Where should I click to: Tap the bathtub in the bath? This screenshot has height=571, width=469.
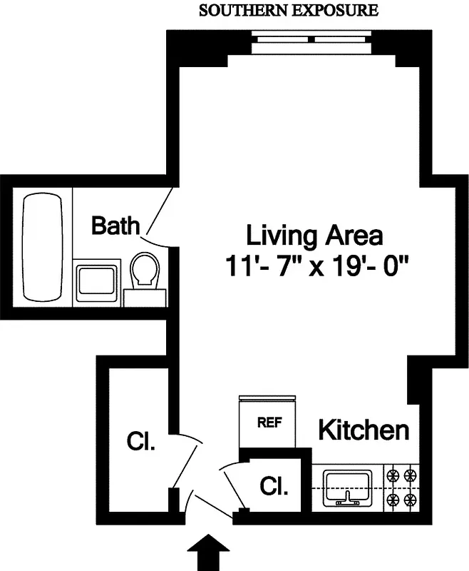[44, 248]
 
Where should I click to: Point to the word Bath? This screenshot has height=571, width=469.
[115, 226]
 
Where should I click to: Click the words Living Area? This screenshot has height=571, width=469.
[314, 235]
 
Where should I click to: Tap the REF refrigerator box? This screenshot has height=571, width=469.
[269, 422]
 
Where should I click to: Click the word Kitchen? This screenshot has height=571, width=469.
[364, 430]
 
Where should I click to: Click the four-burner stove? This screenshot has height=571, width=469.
[401, 487]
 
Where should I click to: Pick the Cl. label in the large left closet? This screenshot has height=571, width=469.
[141, 441]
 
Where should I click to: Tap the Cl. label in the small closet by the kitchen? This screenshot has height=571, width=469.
[274, 487]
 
